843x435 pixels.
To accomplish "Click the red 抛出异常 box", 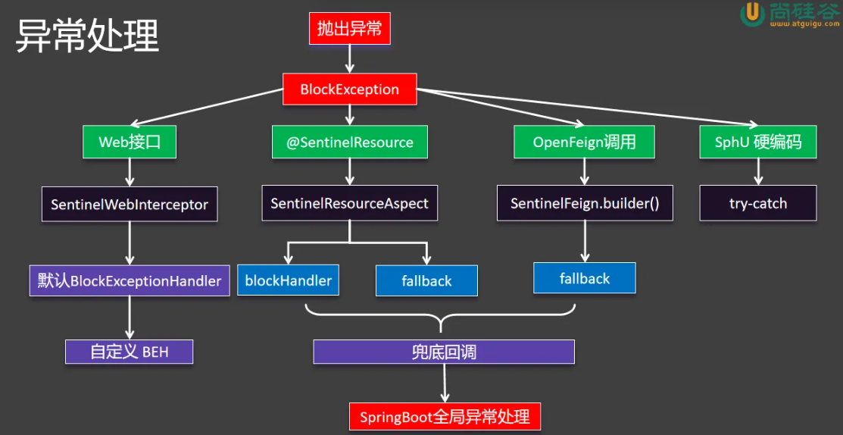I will pyautogui.click(x=349, y=30).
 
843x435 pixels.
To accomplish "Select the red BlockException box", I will pyautogui.click(x=349, y=89).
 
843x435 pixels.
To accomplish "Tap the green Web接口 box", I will pyautogui.click(x=130, y=142).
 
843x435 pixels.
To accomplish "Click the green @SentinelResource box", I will pyautogui.click(x=349, y=142).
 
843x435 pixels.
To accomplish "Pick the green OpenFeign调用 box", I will pyautogui.click(x=584, y=142).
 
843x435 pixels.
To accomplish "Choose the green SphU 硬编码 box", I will pyautogui.click(x=757, y=142).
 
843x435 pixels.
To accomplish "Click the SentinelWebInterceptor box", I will pyautogui.click(x=130, y=205).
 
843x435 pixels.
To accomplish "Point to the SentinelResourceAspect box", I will pyautogui.click(x=349, y=204).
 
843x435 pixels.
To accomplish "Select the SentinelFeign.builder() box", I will pyautogui.click(x=585, y=204).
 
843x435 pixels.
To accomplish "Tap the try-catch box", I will pyautogui.click(x=757, y=204).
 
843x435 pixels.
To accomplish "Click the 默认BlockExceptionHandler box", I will pyautogui.click(x=130, y=281).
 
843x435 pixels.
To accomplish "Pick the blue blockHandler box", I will pyautogui.click(x=288, y=280).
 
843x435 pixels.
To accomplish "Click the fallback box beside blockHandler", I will pyautogui.click(x=426, y=281).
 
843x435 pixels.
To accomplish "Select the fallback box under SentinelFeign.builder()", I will pyautogui.click(x=584, y=279).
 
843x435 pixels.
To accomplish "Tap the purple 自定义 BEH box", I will pyautogui.click(x=129, y=352).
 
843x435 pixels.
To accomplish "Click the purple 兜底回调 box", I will pyautogui.click(x=444, y=352).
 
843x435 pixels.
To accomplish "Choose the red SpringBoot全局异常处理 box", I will pyautogui.click(x=445, y=417).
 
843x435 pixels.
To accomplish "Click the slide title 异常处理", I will pyautogui.click(x=87, y=36).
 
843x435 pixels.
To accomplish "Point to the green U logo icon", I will pyautogui.click(x=751, y=13).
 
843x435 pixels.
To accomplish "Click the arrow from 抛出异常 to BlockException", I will pyautogui.click(x=349, y=58).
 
